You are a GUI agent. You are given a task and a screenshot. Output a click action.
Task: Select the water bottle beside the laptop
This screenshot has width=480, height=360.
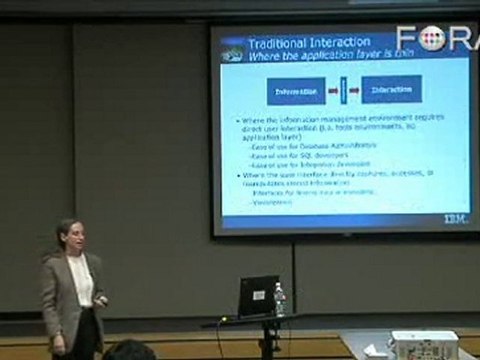click(x=279, y=299)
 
